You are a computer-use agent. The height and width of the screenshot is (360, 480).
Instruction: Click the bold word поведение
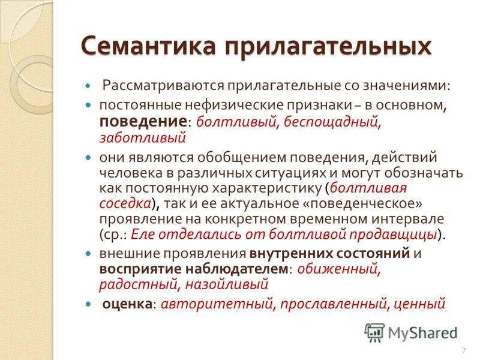143,121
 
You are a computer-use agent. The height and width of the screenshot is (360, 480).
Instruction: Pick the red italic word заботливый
143,137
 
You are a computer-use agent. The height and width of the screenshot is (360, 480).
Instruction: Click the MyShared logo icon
375,331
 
